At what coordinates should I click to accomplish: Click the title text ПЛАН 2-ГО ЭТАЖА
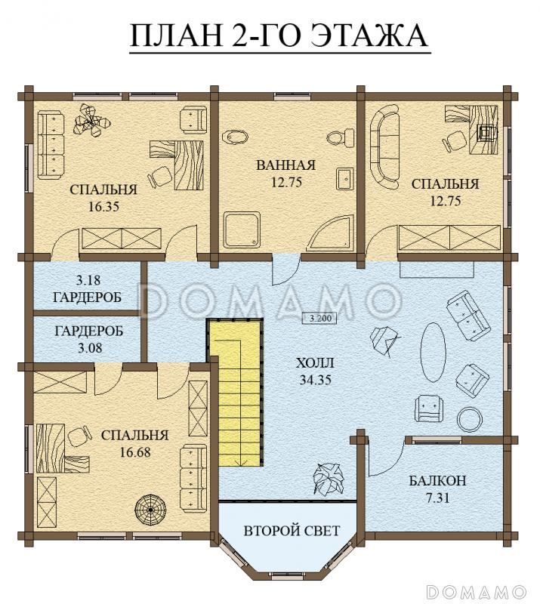point(280,35)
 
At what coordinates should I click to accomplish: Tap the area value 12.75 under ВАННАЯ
point(285,182)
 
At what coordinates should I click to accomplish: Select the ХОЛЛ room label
point(315,363)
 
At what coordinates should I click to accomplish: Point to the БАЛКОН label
point(437,481)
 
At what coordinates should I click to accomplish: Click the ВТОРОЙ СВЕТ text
point(292,531)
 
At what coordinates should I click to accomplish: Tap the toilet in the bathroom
point(340,137)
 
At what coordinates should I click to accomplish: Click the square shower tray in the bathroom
point(242,230)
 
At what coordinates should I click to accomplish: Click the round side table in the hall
point(470,420)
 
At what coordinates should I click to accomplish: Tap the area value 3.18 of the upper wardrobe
point(88,280)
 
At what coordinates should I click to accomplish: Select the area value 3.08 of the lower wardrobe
point(90,348)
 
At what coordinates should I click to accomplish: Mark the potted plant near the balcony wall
point(329,479)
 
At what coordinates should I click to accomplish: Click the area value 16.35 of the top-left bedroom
point(103,207)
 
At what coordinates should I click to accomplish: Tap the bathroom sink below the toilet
point(345,179)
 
